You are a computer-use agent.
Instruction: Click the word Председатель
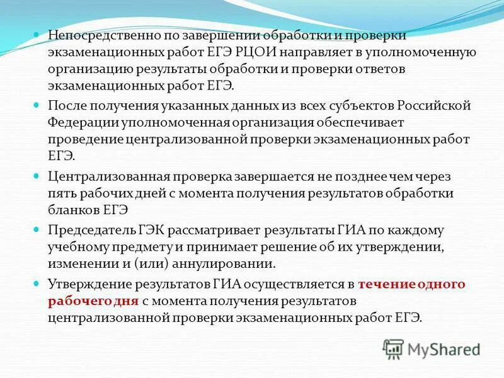[88, 231]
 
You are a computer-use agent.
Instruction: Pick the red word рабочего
[79, 301]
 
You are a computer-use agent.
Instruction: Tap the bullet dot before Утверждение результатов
[36, 283]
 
